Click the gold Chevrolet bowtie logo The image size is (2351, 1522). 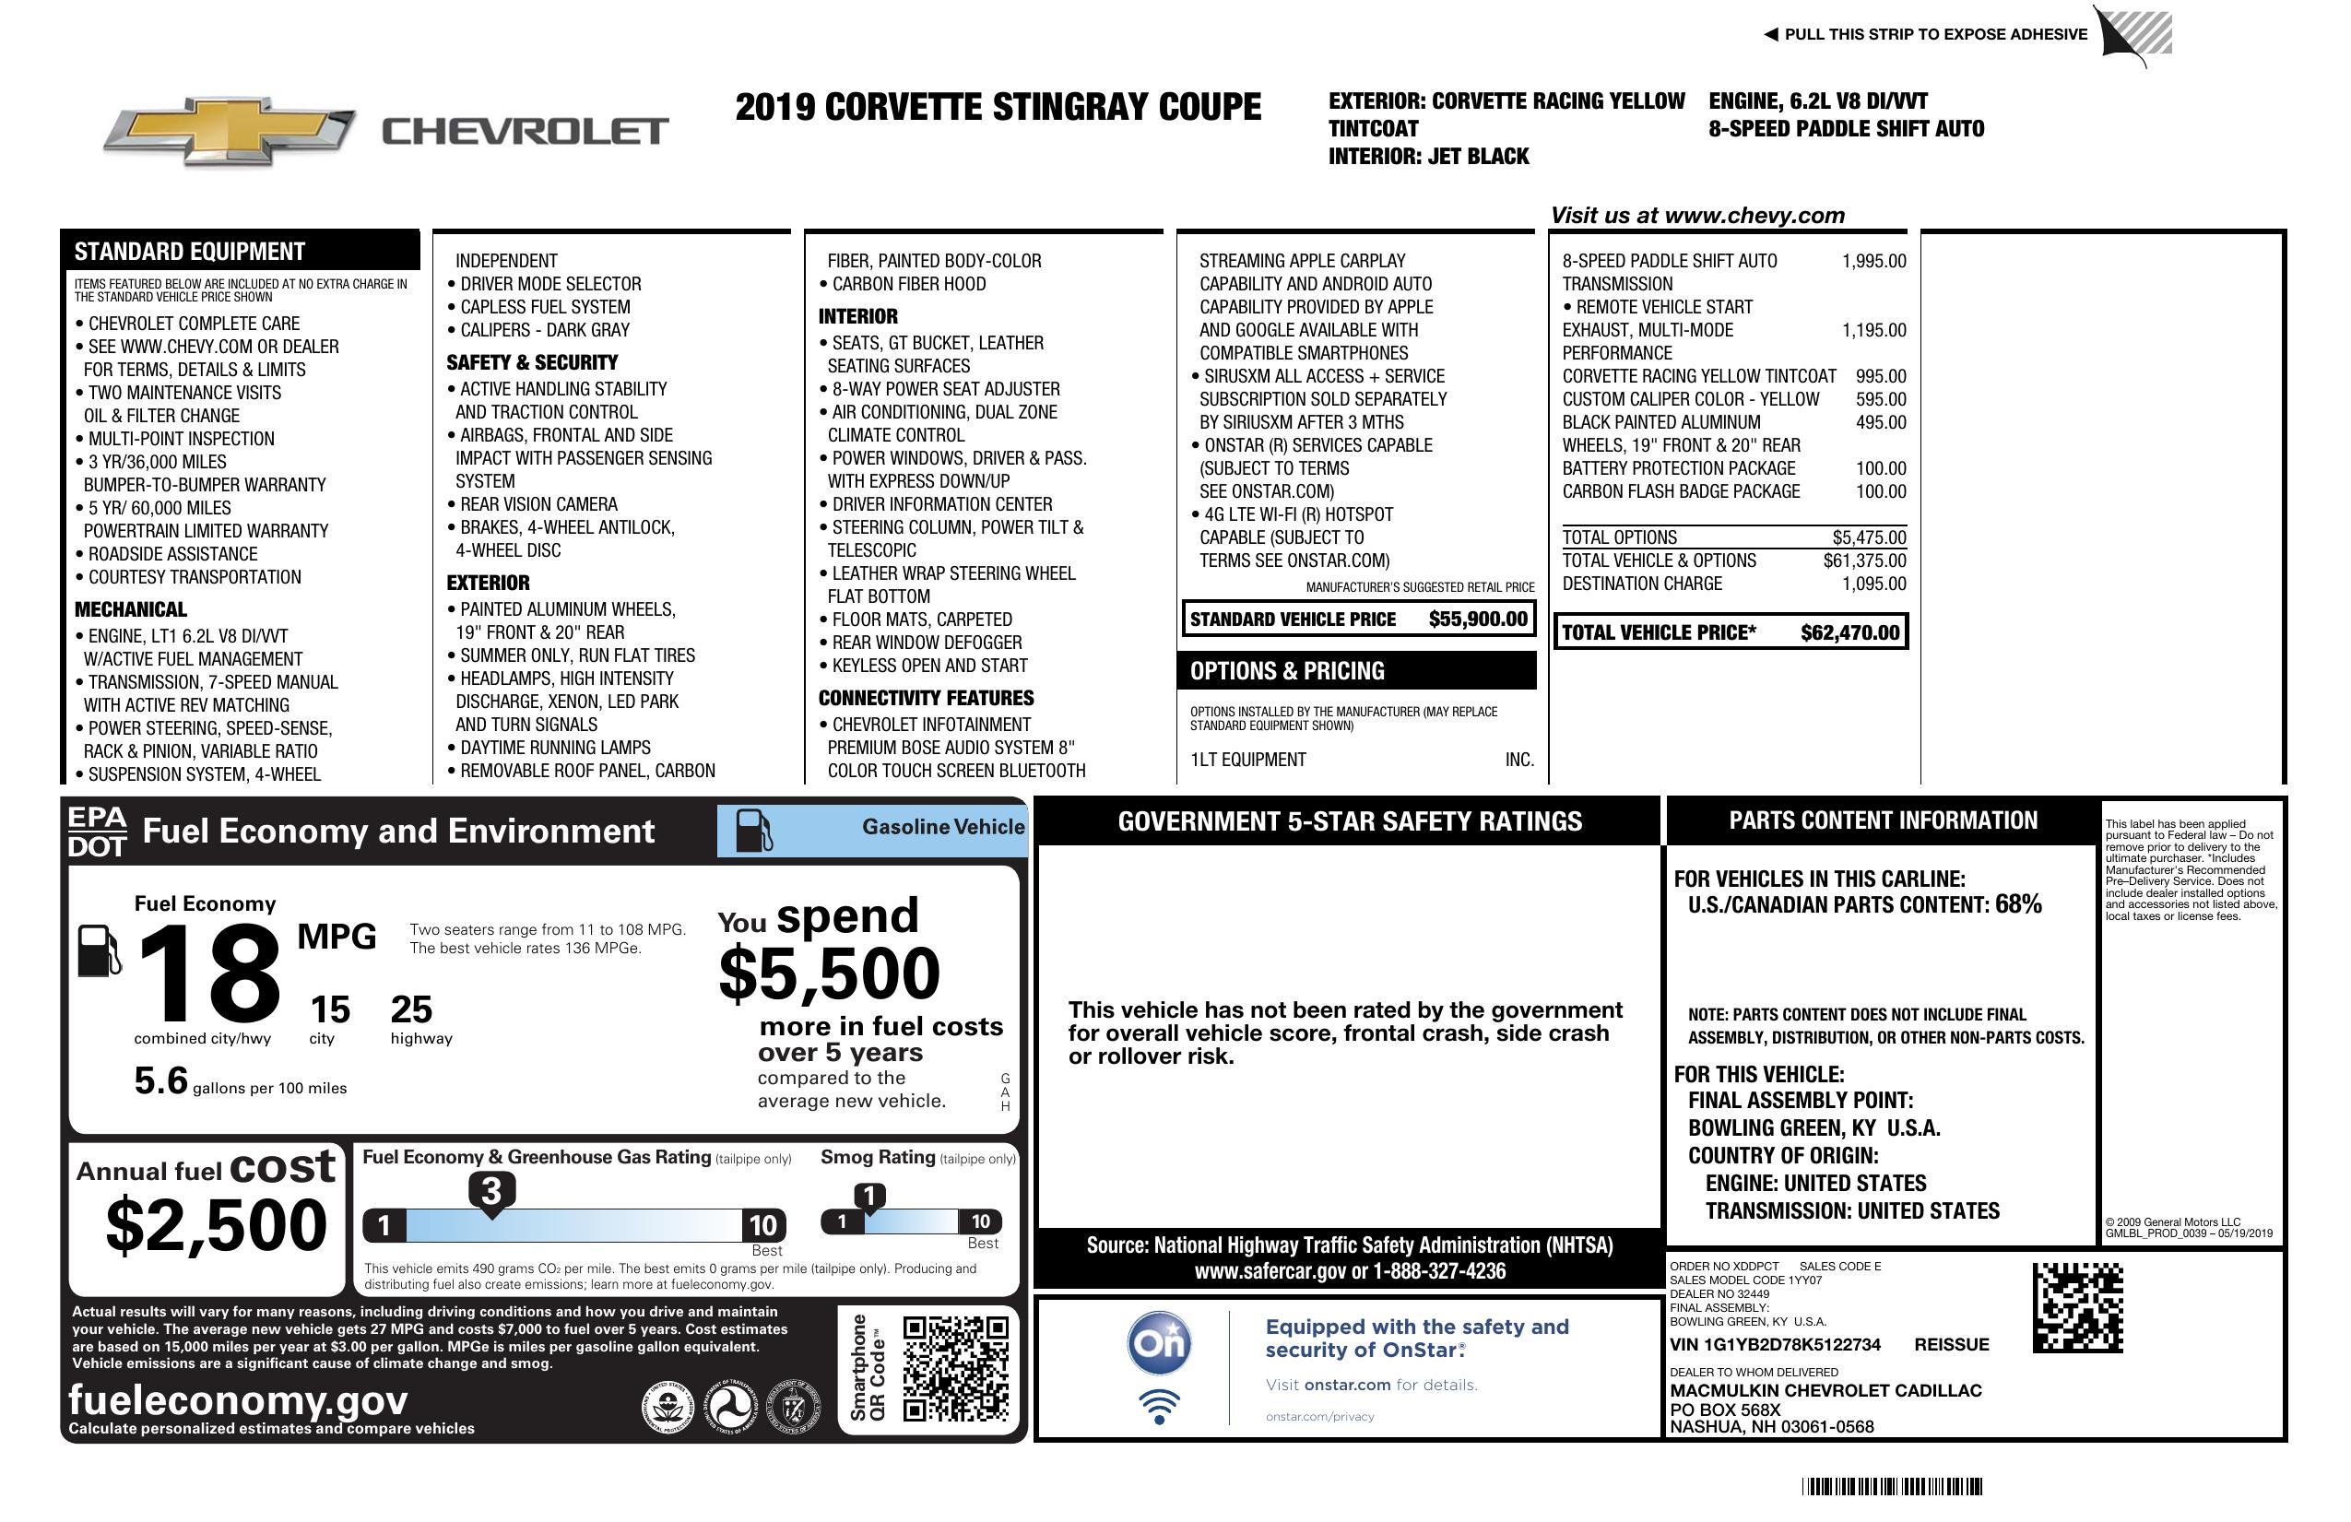tap(230, 130)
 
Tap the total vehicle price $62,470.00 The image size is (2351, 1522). tap(1849, 633)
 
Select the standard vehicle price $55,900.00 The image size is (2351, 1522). tap(1478, 619)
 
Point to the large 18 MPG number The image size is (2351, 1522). tap(209, 973)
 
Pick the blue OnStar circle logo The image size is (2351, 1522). tap(1159, 1343)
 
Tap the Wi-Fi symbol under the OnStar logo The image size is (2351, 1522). tap(1159, 1407)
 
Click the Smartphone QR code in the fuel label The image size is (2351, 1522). tap(955, 1368)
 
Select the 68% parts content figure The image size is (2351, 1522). tap(2017, 903)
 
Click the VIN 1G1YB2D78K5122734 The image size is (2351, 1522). tap(1775, 1344)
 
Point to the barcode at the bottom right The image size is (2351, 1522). tap(1892, 1486)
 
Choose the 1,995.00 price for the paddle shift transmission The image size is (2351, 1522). tap(1873, 261)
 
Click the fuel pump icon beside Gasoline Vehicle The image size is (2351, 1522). tap(754, 831)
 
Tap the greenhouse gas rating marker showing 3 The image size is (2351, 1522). tap(490, 1191)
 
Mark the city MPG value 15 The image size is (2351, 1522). tap(330, 1009)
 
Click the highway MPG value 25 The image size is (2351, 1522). tap(411, 1009)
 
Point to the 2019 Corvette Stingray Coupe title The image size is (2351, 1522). tap(998, 107)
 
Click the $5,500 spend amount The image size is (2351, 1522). tap(829, 973)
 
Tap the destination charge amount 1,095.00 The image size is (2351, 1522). tap(1873, 584)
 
